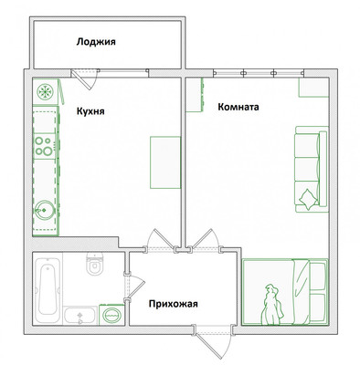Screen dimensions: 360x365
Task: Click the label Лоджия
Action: (96, 42)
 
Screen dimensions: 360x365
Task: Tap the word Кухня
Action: (90, 111)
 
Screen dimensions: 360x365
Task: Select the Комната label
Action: (238, 107)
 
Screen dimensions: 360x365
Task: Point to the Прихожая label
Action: (174, 304)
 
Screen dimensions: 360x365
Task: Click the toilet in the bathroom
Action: (95, 264)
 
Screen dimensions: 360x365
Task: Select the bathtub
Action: (48, 288)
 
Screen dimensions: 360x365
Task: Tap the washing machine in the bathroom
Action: (111, 315)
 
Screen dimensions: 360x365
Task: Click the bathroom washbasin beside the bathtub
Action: (80, 316)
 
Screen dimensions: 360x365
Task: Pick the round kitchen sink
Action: (44, 210)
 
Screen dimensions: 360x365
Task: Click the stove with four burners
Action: (45, 146)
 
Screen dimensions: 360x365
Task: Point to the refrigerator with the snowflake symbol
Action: (45, 91)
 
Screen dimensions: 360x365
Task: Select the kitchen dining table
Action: (165, 162)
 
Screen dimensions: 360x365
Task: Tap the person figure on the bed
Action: (272, 305)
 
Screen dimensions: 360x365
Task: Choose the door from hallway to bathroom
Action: (134, 287)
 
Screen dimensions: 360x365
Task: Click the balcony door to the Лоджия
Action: (85, 78)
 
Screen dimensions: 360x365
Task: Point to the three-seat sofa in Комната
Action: (312, 169)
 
